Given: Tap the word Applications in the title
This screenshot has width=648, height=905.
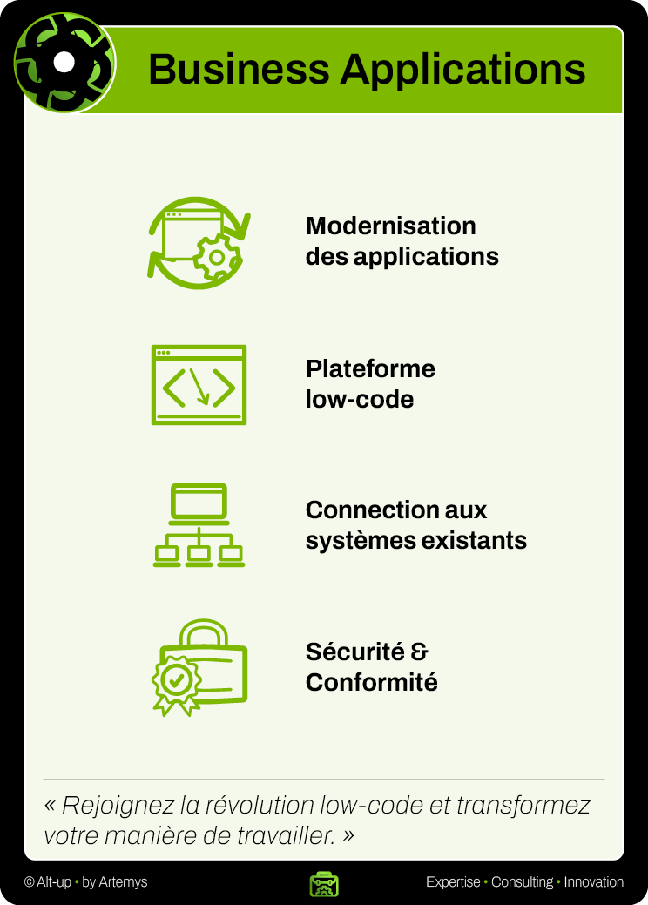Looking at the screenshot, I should pos(462,69).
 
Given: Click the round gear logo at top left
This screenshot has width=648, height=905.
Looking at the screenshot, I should pos(64,63).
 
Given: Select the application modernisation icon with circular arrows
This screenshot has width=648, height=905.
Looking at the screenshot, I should pos(199,242).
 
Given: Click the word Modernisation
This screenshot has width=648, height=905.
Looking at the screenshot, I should pos(391,226).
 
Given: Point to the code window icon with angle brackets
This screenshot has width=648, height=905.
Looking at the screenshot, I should pos(199,385).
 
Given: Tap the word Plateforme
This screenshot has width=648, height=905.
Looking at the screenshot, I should pos(370,368).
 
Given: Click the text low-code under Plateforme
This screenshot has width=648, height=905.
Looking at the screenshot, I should pos(360,399).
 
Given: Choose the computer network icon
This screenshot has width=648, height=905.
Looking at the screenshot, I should pos(199,525).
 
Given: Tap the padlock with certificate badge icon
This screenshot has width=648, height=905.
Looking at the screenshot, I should pos(199,667).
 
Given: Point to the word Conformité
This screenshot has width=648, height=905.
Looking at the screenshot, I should pos(372,682).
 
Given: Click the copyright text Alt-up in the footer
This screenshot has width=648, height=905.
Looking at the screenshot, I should pos(53,882).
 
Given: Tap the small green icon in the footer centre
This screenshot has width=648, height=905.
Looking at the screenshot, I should pos(324,883).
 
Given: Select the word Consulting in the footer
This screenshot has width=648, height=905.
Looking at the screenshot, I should pos(522,882).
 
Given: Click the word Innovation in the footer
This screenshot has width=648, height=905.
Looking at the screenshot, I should pos(594,882).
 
